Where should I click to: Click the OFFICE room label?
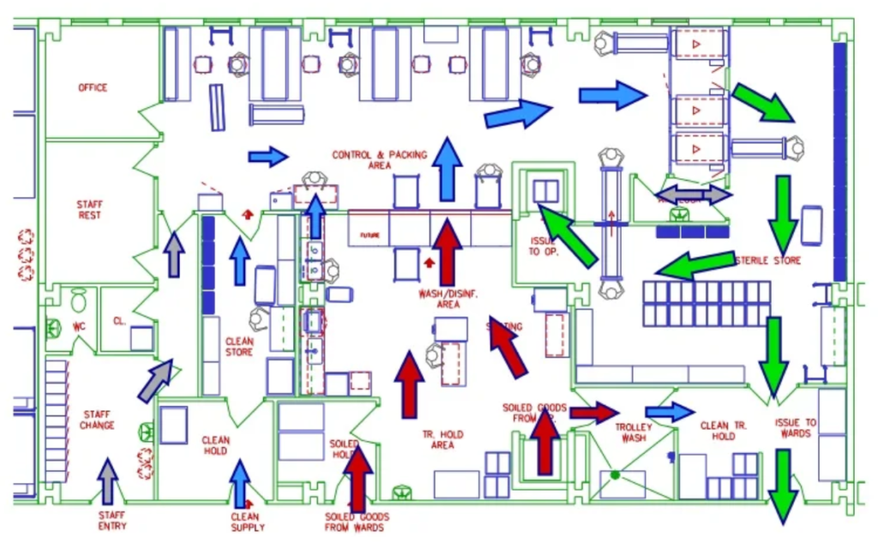[93, 87]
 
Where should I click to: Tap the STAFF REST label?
[89, 209]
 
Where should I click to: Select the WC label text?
[79, 327]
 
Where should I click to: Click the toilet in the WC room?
[78, 300]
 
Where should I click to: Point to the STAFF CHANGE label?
[97, 419]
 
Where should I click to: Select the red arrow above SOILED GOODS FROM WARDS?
[358, 477]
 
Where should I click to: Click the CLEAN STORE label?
[239, 347]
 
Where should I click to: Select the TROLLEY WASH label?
[634, 432]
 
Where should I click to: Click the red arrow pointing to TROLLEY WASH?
[593, 413]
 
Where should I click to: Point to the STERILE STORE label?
[767, 260]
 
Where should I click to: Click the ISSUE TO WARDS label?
[796, 427]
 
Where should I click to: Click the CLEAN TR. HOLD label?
[726, 431]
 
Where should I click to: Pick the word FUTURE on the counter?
[370, 234]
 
